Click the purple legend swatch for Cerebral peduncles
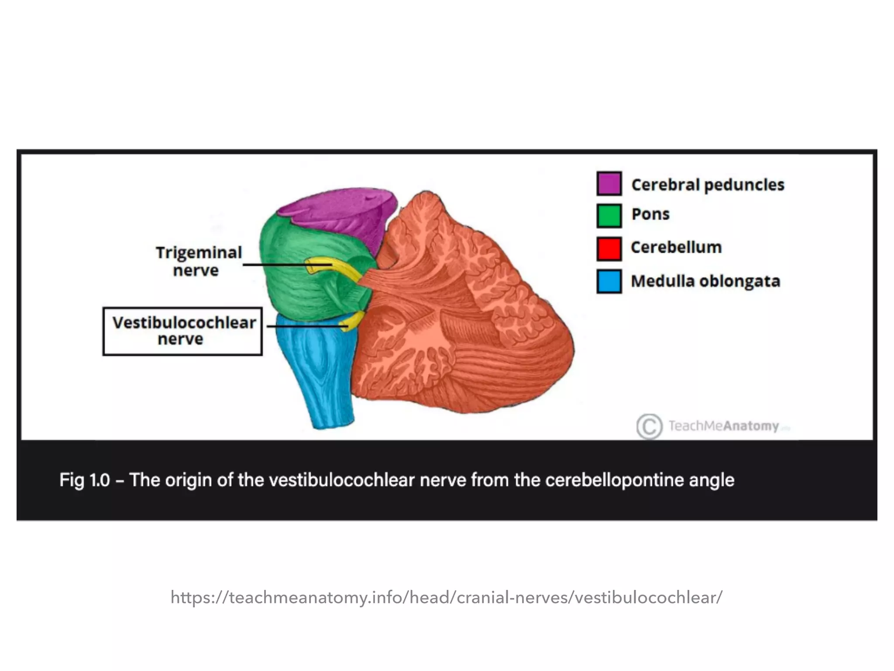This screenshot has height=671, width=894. (x=609, y=183)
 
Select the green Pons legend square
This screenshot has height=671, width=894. (x=609, y=216)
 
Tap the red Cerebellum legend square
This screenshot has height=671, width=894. (x=609, y=248)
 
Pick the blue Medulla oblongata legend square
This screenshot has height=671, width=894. (x=609, y=281)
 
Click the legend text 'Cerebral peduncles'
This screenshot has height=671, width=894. (x=708, y=185)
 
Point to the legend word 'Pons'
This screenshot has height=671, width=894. (x=650, y=214)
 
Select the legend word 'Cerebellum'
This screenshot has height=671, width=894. (x=676, y=247)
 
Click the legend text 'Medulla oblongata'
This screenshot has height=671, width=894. (x=705, y=281)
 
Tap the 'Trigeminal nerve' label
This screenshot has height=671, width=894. (x=198, y=261)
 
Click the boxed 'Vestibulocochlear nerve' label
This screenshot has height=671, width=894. (x=183, y=331)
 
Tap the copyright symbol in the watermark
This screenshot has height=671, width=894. (x=649, y=426)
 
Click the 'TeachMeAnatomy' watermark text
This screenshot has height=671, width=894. (x=724, y=426)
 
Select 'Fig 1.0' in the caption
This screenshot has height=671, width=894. (x=84, y=480)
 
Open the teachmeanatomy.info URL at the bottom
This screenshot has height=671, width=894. (x=447, y=597)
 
